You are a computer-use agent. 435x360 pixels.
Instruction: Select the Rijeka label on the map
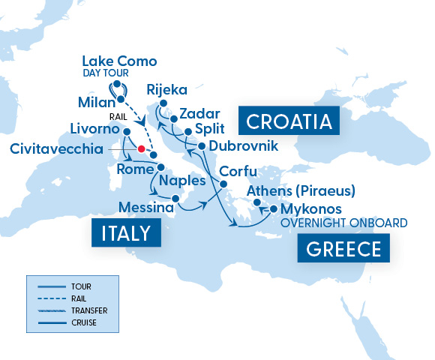[x=167, y=87]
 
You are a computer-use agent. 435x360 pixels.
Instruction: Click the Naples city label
[x=184, y=182]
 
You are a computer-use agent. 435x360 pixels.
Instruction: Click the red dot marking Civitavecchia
[x=141, y=148]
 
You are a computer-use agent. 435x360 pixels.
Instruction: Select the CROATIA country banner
[x=289, y=121]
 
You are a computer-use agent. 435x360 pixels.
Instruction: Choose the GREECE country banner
[x=343, y=248]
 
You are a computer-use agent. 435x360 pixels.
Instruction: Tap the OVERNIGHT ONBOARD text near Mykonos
[x=343, y=223]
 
